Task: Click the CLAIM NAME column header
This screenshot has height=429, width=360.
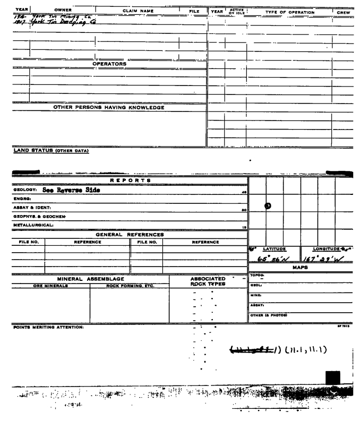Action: coord(141,10)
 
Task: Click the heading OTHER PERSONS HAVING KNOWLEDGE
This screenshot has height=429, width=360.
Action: coord(109,108)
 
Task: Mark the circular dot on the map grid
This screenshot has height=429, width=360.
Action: coord(268,206)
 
